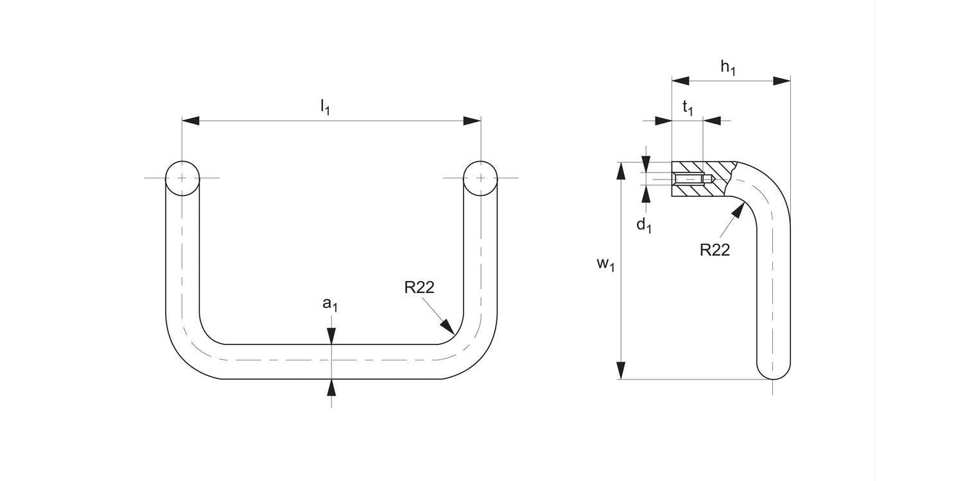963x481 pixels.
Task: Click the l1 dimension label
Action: point(325,108)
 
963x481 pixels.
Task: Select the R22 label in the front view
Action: point(419,287)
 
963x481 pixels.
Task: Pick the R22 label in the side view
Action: point(715,250)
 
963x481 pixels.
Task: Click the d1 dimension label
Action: point(644,225)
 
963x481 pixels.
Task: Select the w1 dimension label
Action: point(605,265)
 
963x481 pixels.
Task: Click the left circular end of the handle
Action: point(182,177)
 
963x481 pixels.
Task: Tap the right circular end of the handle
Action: point(480,177)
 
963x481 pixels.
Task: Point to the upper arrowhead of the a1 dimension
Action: point(331,337)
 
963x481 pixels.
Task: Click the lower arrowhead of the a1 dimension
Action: point(331,387)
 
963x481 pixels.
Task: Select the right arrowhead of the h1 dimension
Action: point(781,81)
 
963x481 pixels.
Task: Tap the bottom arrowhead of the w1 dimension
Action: point(621,371)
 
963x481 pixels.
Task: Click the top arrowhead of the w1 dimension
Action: point(621,171)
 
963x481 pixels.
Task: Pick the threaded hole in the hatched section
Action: point(692,180)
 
